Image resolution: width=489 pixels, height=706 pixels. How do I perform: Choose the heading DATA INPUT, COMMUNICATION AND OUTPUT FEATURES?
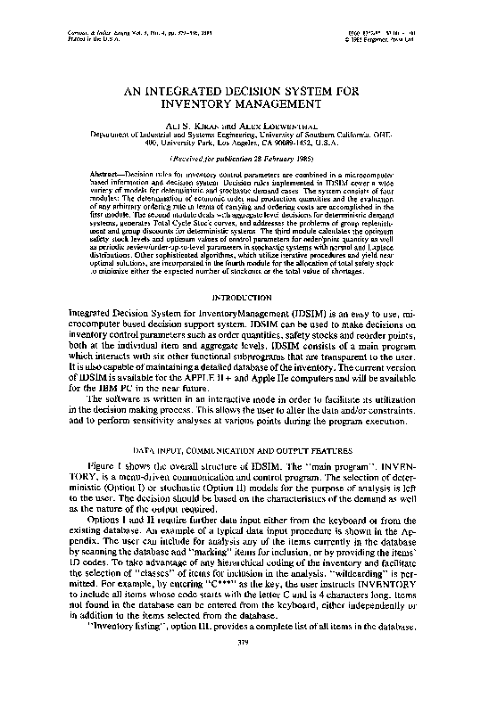point(244,452)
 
